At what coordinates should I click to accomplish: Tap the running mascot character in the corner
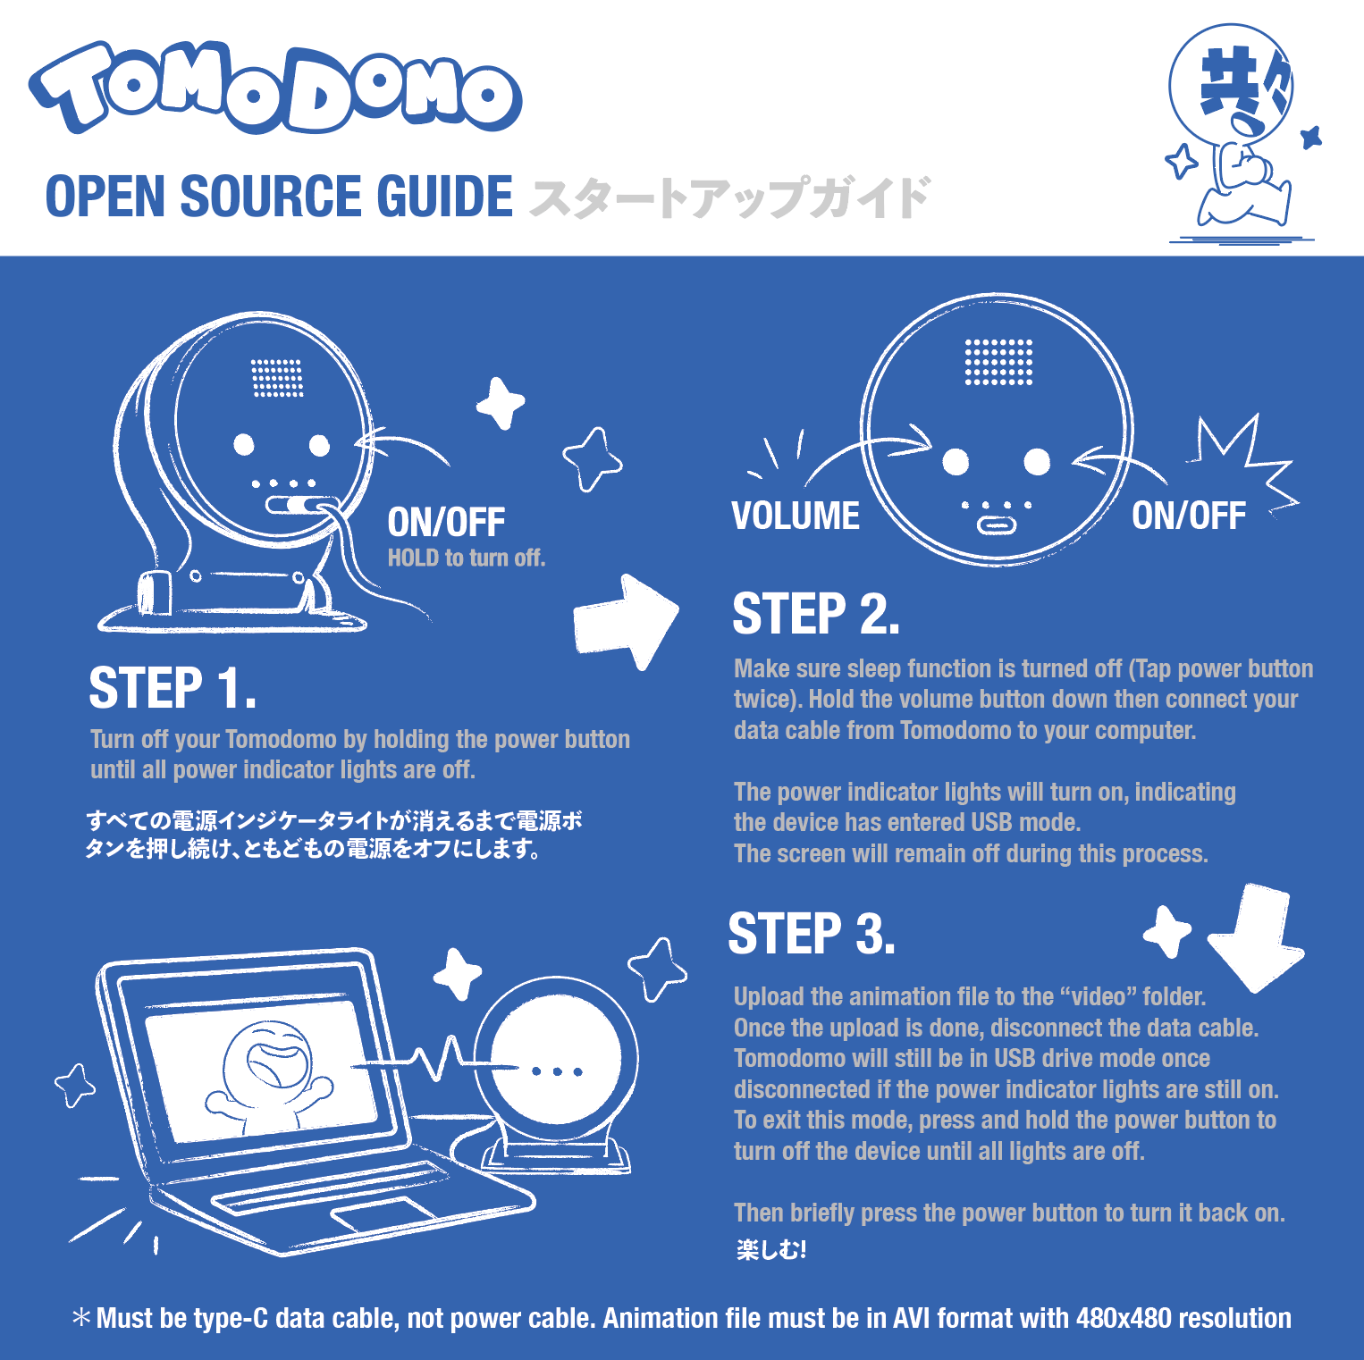click(x=1238, y=134)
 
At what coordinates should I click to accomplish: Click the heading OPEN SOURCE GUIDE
click(x=279, y=197)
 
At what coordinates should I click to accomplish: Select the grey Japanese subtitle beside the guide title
click(x=728, y=197)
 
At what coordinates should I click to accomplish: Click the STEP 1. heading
click(x=173, y=688)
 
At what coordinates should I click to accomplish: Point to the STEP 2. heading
click(x=815, y=615)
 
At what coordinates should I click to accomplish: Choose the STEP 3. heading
click(x=811, y=934)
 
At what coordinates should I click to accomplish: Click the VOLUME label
click(x=796, y=516)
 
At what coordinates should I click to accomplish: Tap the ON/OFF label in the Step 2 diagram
click(x=1188, y=516)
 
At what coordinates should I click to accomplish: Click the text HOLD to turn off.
click(x=466, y=558)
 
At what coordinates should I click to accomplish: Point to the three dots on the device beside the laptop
click(x=557, y=1070)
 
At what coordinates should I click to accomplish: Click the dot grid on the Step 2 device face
click(x=998, y=362)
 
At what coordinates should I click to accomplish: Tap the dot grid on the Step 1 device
click(x=277, y=378)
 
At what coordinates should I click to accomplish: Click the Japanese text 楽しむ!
click(x=771, y=1249)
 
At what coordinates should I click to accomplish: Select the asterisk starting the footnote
click(x=81, y=1318)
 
